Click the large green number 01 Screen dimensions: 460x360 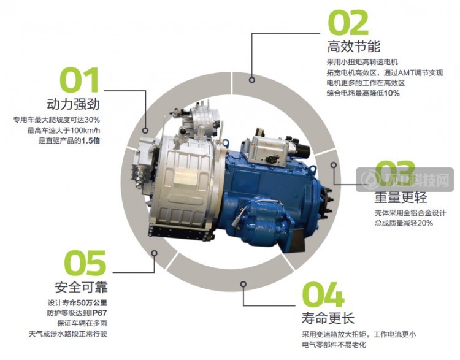[80, 80]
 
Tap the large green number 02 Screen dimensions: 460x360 [348, 22]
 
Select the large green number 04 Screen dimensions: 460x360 [323, 294]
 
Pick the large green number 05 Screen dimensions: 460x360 [85, 263]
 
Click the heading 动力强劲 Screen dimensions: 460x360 [74, 104]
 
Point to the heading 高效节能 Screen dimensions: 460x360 [353, 47]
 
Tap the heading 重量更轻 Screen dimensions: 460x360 [401, 197]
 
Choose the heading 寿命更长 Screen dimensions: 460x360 [328, 318]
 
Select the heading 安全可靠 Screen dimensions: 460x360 [81, 287]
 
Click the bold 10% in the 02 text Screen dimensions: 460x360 [392, 93]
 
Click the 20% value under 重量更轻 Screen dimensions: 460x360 [425, 223]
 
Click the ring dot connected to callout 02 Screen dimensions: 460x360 [251, 80]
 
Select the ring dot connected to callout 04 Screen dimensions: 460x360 [243, 284]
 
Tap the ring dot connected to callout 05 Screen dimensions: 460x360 [155, 253]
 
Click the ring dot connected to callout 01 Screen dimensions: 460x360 [145, 131]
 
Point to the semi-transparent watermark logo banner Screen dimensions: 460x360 [405, 180]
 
